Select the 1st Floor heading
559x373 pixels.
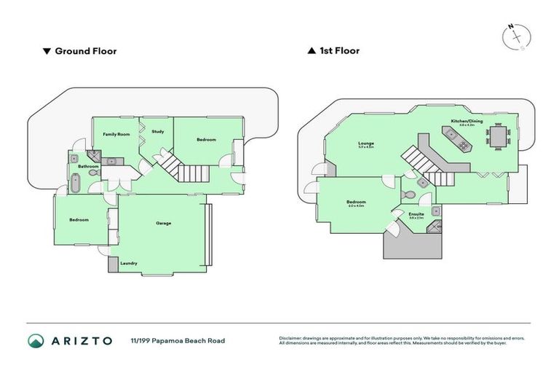tap(338, 51)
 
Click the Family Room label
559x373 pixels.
tap(116, 135)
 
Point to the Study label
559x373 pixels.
tap(158, 132)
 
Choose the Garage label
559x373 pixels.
tap(163, 223)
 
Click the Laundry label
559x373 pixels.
tap(130, 263)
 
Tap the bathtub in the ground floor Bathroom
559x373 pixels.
tap(76, 182)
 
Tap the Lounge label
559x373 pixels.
tap(365, 144)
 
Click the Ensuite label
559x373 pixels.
tap(416, 214)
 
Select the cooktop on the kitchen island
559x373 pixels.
tap(449, 133)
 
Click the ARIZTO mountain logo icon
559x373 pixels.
tap(36, 341)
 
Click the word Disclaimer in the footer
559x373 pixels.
tap(291, 338)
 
